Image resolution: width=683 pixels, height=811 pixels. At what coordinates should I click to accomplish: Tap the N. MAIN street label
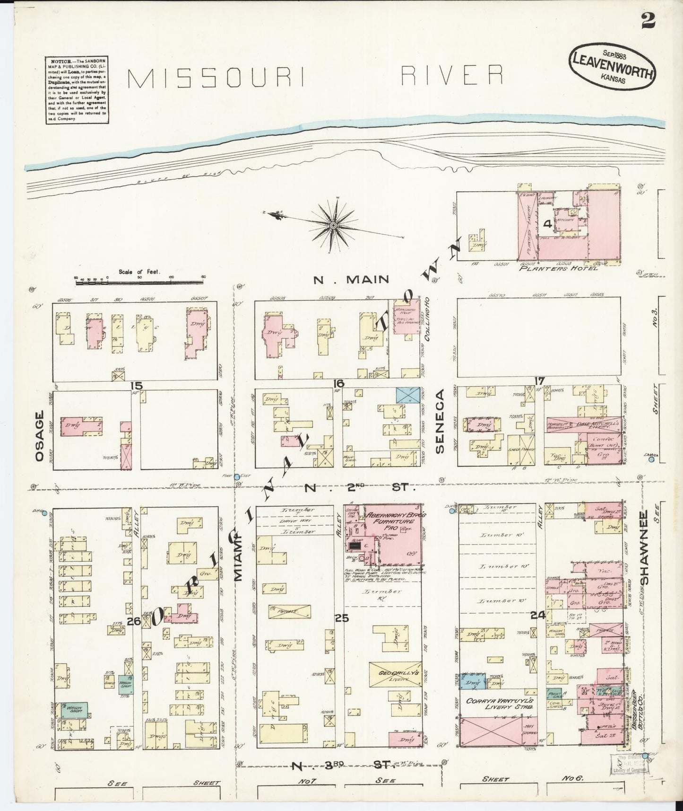pyautogui.click(x=352, y=280)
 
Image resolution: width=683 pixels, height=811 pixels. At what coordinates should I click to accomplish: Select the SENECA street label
pyautogui.click(x=441, y=422)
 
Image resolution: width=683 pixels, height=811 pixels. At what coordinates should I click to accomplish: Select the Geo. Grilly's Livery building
pyautogui.click(x=399, y=674)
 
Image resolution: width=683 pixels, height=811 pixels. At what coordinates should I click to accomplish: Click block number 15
pyautogui.click(x=137, y=386)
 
